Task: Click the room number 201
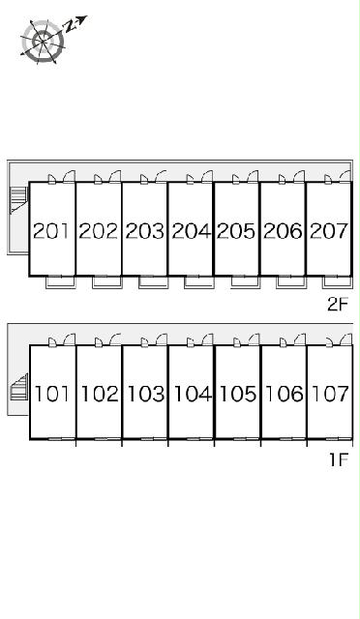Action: pos(51,231)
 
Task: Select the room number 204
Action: pos(192,231)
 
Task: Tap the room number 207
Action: pos(329,231)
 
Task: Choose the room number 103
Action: pos(145,394)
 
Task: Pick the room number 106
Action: pos(285,394)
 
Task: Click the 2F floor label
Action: pos(338,304)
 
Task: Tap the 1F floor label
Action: pos(339,459)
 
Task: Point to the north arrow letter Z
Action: pos(71,26)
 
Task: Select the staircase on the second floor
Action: pos(18,200)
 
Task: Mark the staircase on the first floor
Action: pos(19,387)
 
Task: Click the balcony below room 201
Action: pos(60,282)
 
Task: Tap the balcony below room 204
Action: pos(199,282)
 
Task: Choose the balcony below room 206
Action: pos(291,282)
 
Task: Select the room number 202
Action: pos(99,231)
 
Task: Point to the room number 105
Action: pos(238,394)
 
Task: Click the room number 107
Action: pos(330,394)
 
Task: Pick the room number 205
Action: pos(237,231)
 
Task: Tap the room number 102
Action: pos(100,394)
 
